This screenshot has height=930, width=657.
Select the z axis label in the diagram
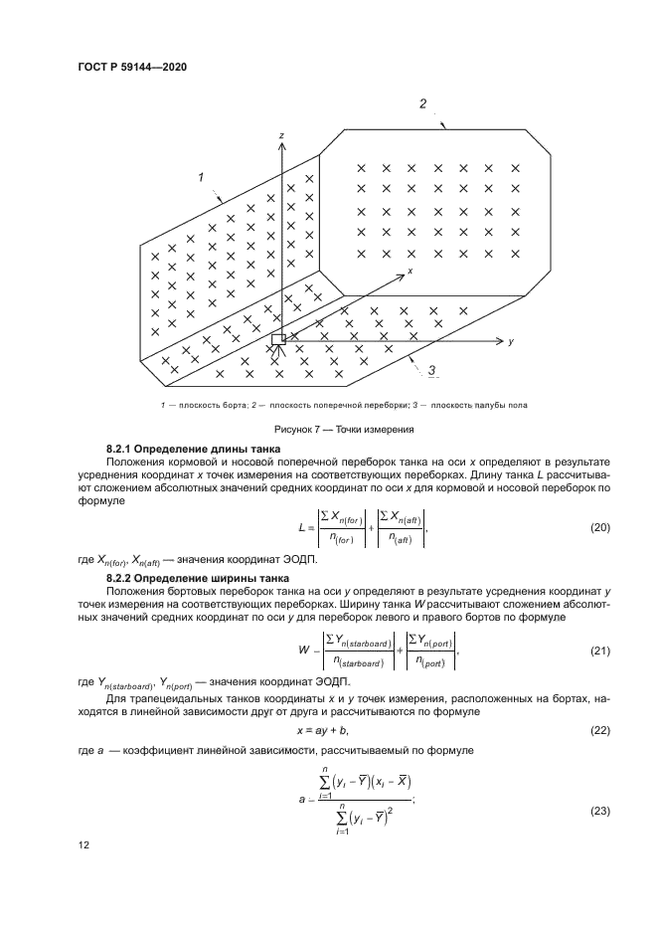[283, 134]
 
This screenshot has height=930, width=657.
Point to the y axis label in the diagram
[510, 341]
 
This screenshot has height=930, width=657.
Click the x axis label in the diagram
[409, 269]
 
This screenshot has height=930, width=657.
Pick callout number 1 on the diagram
[201, 177]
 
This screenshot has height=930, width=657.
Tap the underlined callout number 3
[432, 371]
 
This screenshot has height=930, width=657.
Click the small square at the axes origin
[278, 339]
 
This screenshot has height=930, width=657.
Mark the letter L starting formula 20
[299, 527]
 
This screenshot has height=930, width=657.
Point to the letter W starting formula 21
[300, 652]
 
